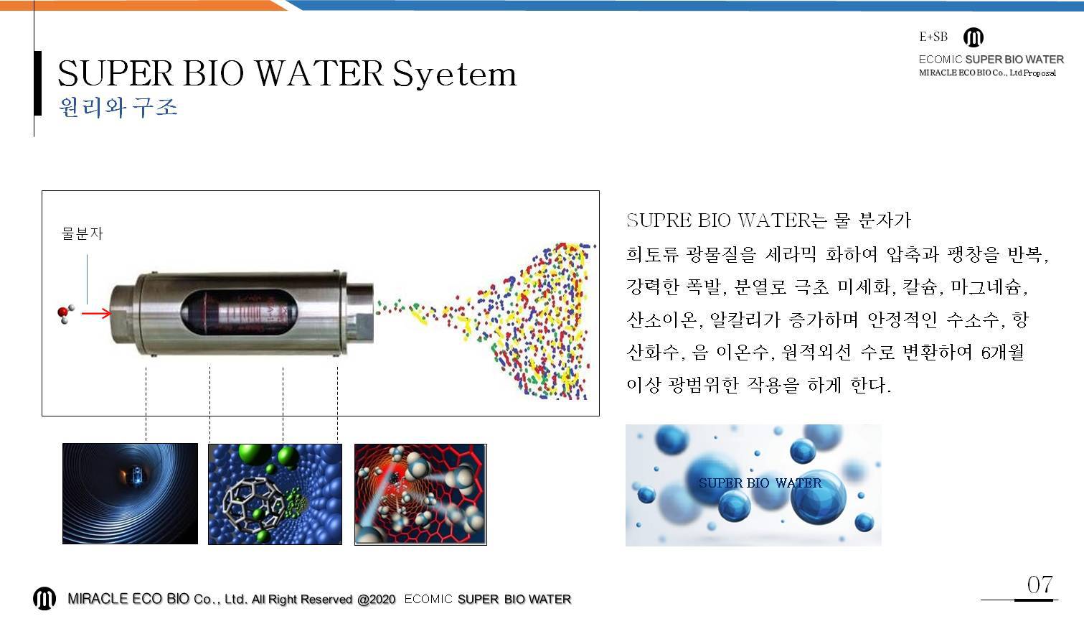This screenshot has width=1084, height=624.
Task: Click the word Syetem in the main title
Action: point(454,75)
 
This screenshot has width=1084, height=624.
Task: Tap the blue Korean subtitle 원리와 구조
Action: point(118,107)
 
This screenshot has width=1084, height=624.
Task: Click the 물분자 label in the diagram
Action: point(83,233)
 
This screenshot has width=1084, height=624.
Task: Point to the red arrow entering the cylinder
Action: point(96,314)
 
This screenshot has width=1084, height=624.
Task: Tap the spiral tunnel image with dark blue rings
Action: point(130,494)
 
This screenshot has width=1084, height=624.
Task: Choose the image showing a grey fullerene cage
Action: point(275,494)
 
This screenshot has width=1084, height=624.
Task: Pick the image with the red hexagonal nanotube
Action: point(420,495)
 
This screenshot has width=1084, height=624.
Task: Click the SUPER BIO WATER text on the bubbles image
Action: point(760,483)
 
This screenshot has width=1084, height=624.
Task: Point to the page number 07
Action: point(1040,585)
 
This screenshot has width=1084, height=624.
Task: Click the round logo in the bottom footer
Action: point(44,598)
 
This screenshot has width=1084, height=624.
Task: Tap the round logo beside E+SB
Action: point(974,37)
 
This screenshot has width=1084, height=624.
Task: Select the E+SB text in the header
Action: point(933,37)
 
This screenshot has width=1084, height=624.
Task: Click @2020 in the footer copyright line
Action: point(376,600)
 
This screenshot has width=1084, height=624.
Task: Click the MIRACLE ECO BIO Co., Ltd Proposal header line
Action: point(987,73)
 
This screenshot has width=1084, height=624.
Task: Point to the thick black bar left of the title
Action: point(38,83)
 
